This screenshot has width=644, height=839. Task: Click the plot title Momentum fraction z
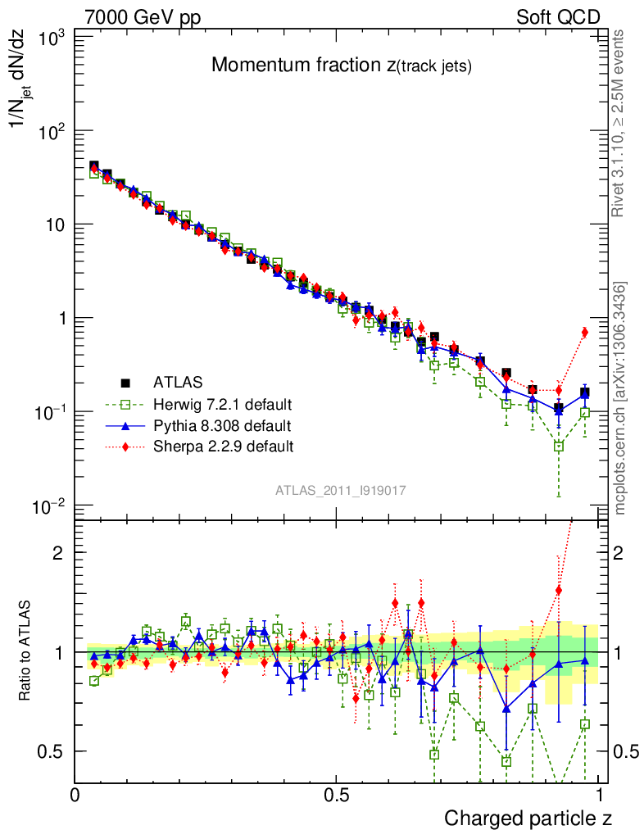point(341,66)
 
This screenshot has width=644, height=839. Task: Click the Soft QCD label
point(558,17)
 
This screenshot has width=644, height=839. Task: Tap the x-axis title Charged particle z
point(528,818)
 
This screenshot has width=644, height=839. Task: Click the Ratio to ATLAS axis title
point(25,652)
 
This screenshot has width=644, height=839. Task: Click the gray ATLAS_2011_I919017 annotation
point(341,491)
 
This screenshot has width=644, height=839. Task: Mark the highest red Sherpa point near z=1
point(584,332)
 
